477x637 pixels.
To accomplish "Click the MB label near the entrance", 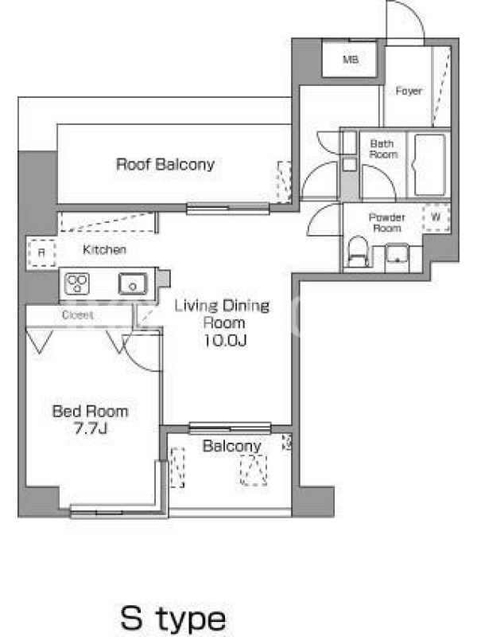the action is point(351,59).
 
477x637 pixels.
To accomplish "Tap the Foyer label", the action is point(409,91).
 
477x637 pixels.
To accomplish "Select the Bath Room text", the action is point(383,149).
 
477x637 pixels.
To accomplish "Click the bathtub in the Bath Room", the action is point(430,166).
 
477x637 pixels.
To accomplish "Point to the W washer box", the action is point(436,217).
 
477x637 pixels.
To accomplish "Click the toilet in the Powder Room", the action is point(358,252).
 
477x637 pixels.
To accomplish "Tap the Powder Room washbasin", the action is point(397,254).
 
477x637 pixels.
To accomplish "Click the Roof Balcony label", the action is point(165,165).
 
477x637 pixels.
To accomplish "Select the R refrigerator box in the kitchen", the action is point(42,252).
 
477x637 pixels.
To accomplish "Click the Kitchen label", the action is point(104,249).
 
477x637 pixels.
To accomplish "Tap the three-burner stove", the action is point(77,283).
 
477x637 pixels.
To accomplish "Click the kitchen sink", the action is point(133,283).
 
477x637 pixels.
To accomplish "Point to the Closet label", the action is point(77,315).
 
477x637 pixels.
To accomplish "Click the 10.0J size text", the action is point(225,340).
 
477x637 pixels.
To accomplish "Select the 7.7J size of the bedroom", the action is point(91,428).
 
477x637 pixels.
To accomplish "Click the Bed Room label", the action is point(90,412).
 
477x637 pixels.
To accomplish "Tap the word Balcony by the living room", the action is point(231,446).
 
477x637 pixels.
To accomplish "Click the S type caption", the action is point(173,619).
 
